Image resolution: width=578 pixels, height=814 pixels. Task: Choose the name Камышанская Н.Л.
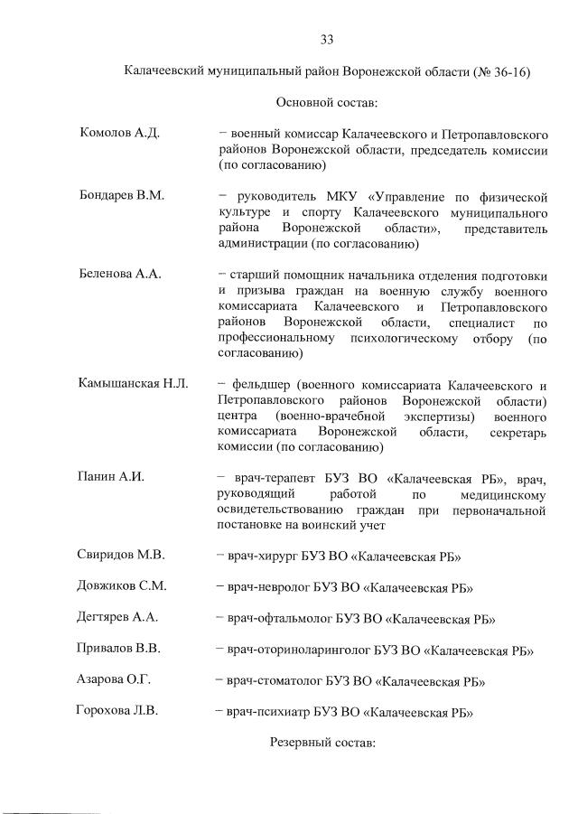pos(134,385)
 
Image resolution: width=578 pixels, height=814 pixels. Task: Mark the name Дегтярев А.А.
pos(119,617)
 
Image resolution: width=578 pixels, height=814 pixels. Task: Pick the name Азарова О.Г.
pos(114,679)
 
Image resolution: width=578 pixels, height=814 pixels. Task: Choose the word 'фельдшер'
pos(260,385)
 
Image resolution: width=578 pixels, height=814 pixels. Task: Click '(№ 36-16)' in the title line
pos(499,71)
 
